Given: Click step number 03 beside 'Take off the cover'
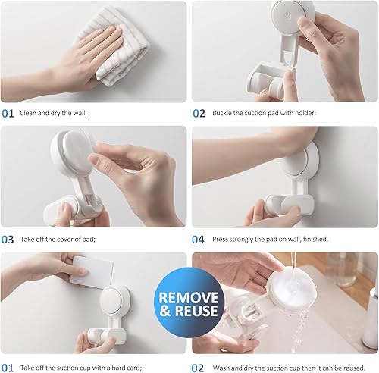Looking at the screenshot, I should click(x=8, y=239).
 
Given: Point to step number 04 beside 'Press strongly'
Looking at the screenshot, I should click(x=199, y=239).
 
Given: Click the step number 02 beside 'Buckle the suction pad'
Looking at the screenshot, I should click(x=199, y=114).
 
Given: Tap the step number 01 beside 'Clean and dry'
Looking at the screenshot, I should click(x=8, y=114).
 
